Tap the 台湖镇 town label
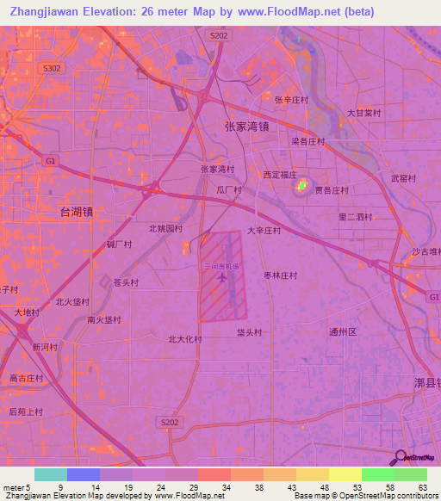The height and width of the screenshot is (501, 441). [x=77, y=211]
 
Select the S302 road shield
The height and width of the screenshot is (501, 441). [x=52, y=68]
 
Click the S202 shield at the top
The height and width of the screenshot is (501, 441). [x=220, y=35]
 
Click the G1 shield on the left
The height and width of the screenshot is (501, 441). [x=51, y=161]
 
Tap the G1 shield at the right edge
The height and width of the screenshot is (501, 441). [x=432, y=295]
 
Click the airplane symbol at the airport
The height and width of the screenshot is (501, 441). [x=223, y=278]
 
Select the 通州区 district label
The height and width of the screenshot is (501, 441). [x=342, y=331]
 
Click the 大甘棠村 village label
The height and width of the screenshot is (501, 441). [x=363, y=113]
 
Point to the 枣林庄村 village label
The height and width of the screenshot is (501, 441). [x=280, y=275]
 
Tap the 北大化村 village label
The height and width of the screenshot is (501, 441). [x=184, y=339]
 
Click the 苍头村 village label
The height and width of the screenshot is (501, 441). [x=126, y=281]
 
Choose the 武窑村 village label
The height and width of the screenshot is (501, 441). [x=403, y=179]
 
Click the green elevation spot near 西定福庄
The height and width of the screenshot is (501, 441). [x=302, y=185]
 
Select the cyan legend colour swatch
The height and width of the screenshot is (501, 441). [x=50, y=474]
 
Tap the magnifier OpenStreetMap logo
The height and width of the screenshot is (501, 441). [x=399, y=459]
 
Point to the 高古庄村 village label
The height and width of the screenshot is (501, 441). [x=27, y=378]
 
